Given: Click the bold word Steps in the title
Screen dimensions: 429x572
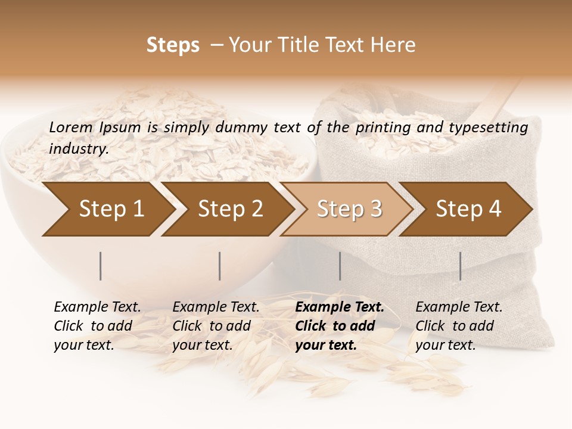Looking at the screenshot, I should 173,45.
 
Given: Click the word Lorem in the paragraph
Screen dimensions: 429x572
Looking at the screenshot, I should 71,128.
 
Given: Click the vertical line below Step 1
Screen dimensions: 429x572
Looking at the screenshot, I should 101,266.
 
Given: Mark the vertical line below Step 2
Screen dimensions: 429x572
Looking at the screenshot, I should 220,266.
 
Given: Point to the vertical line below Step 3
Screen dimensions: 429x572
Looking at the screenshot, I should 340,266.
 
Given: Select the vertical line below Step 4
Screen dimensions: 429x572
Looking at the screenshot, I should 461,266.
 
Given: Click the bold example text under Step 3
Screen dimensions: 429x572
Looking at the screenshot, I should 339,326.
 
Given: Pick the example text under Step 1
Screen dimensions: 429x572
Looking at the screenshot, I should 97,326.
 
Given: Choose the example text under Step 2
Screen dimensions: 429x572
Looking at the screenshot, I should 216,326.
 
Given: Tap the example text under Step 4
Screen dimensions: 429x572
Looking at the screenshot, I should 459,326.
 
